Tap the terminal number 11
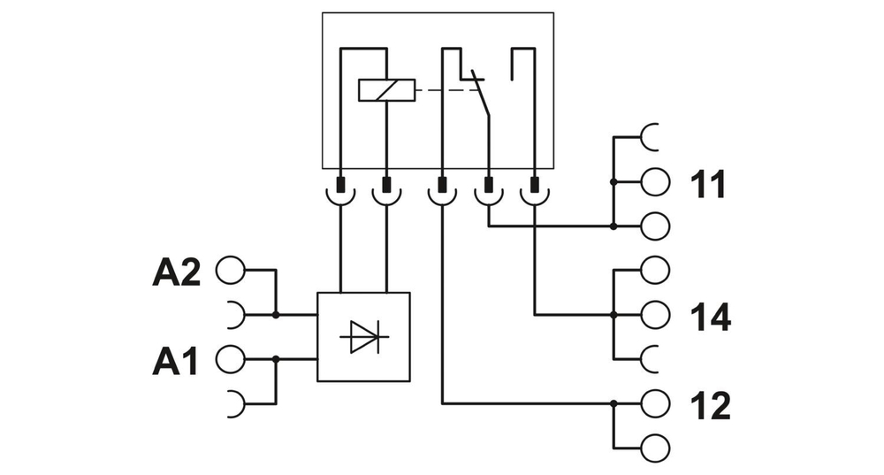[x=707, y=185]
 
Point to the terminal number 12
[x=710, y=405]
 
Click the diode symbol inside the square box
[x=362, y=337]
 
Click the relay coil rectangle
[x=386, y=90]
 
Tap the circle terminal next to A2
[x=230, y=271]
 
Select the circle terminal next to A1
[x=230, y=358]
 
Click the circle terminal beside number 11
[x=655, y=182]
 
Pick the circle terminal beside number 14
[x=655, y=314]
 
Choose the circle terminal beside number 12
[x=655, y=403]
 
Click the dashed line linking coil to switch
[x=442, y=90]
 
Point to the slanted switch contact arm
[x=482, y=97]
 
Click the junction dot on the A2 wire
[x=276, y=314]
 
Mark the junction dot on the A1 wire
[x=276, y=358]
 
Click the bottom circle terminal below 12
[x=655, y=446]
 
